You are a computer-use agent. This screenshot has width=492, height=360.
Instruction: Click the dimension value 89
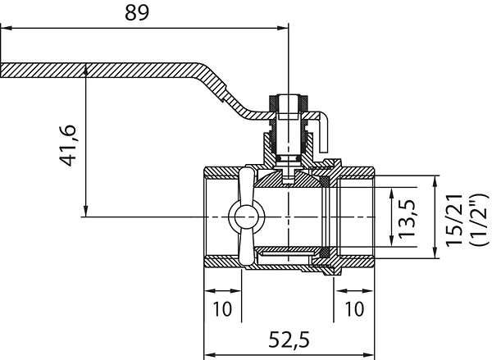point(137,13)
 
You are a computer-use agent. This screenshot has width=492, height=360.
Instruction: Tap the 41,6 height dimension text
point(67,145)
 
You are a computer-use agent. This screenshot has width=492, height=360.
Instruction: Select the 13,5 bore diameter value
point(407,218)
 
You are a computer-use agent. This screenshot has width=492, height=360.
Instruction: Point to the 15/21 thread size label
point(454,221)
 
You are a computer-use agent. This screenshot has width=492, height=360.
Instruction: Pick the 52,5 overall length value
point(289,339)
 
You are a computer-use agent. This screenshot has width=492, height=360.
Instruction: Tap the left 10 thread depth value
point(222,308)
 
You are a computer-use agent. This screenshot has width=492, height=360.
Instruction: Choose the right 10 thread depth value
point(354,308)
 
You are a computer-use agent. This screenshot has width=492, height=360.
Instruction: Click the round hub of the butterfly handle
point(247,217)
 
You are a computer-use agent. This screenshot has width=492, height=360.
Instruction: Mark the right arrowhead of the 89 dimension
point(282,28)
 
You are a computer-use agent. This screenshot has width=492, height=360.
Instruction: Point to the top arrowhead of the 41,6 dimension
point(85,71)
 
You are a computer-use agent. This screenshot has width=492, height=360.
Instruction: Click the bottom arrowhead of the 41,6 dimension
point(85,211)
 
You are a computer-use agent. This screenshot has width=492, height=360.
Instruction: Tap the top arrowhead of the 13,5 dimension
point(391,194)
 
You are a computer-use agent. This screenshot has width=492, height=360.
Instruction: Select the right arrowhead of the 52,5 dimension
point(369,355)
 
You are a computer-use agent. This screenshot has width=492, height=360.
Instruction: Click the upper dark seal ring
point(325,181)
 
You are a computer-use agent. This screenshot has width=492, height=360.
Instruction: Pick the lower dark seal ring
point(325,252)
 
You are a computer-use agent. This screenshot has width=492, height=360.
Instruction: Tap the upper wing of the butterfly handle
point(247,185)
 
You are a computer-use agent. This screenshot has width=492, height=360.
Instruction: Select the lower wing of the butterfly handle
point(247,249)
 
